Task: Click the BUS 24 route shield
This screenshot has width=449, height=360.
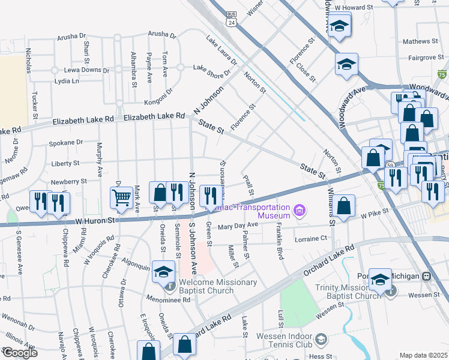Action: coord(231,19)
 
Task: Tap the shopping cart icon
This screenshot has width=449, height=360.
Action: coord(121,197)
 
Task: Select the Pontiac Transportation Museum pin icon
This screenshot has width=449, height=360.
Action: coord(300,210)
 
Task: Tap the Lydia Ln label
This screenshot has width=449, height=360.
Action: coord(67,81)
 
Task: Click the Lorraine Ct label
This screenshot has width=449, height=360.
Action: coord(311,239)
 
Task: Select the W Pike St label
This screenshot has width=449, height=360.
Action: coord(376,213)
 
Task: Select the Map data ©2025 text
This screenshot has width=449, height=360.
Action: coord(423,355)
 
